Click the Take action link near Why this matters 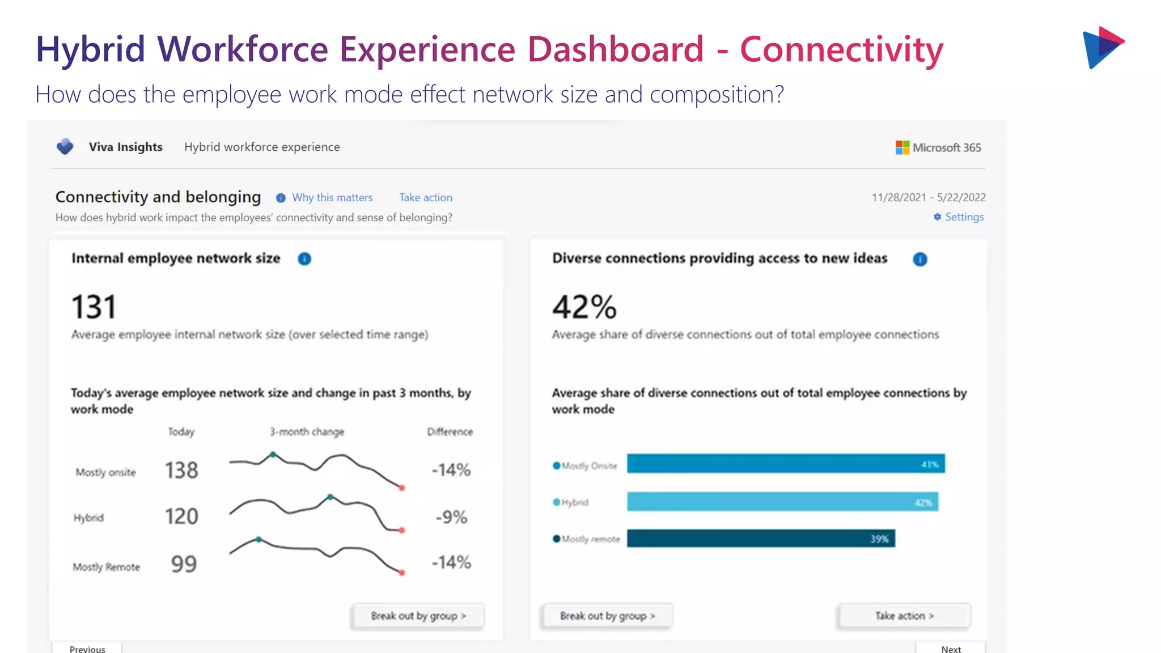[425, 197]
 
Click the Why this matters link [332, 197]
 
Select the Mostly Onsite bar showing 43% [785, 464]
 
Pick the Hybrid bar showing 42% [782, 502]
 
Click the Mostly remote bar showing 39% [760, 538]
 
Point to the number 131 [94, 307]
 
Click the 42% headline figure [584, 307]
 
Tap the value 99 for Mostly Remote [184, 563]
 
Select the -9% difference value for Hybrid [451, 516]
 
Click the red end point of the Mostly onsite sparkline [402, 487]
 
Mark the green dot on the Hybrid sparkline [330, 497]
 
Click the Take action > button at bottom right [904, 616]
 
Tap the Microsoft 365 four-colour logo [902, 147]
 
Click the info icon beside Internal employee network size [304, 258]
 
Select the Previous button [87, 648]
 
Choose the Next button [951, 648]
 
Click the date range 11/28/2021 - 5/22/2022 [928, 197]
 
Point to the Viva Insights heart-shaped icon [65, 146]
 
